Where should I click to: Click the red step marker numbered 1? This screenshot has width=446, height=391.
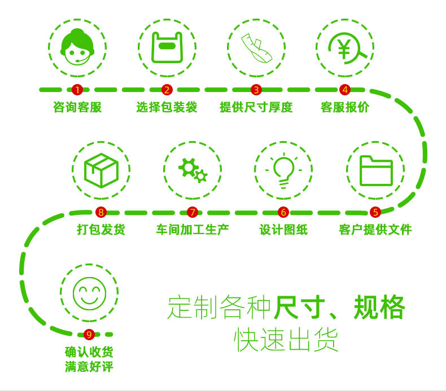point(77,89)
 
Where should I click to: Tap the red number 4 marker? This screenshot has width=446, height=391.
point(345,89)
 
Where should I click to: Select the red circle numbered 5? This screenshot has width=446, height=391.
point(375,212)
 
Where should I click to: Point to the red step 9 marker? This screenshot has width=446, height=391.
point(89,335)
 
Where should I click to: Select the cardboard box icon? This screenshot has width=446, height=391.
point(101,170)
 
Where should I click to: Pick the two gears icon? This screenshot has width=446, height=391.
point(193,170)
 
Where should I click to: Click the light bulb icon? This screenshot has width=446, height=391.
point(283,170)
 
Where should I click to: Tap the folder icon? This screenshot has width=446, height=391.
point(375,170)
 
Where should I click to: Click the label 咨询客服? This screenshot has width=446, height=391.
point(77,107)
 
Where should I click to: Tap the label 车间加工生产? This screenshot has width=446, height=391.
point(193,230)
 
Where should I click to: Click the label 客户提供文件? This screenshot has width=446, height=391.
point(375,230)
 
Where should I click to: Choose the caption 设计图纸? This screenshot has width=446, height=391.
point(283,230)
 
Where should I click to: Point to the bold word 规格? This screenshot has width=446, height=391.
point(379,307)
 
